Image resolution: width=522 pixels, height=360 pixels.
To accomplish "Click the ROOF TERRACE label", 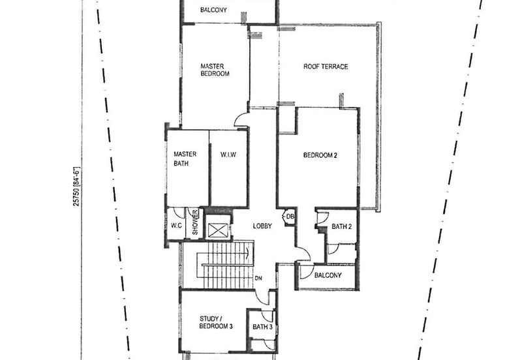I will click(x=326, y=67).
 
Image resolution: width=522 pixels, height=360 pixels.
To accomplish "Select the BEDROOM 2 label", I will click(x=320, y=155).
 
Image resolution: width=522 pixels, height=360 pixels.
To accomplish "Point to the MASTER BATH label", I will click(x=181, y=158).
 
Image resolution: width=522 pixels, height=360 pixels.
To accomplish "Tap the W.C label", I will click(x=176, y=226).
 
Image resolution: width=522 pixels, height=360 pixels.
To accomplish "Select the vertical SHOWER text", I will click(x=194, y=224).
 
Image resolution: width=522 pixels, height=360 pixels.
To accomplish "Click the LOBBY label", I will click(x=263, y=226).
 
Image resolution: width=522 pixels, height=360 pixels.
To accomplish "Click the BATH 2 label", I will click(x=341, y=227).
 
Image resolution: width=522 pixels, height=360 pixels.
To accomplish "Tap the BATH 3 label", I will click(x=262, y=327).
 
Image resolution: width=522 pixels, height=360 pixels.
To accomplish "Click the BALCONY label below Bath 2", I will click(x=328, y=275).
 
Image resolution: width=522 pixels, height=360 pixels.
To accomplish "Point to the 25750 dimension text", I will click(x=76, y=187).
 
